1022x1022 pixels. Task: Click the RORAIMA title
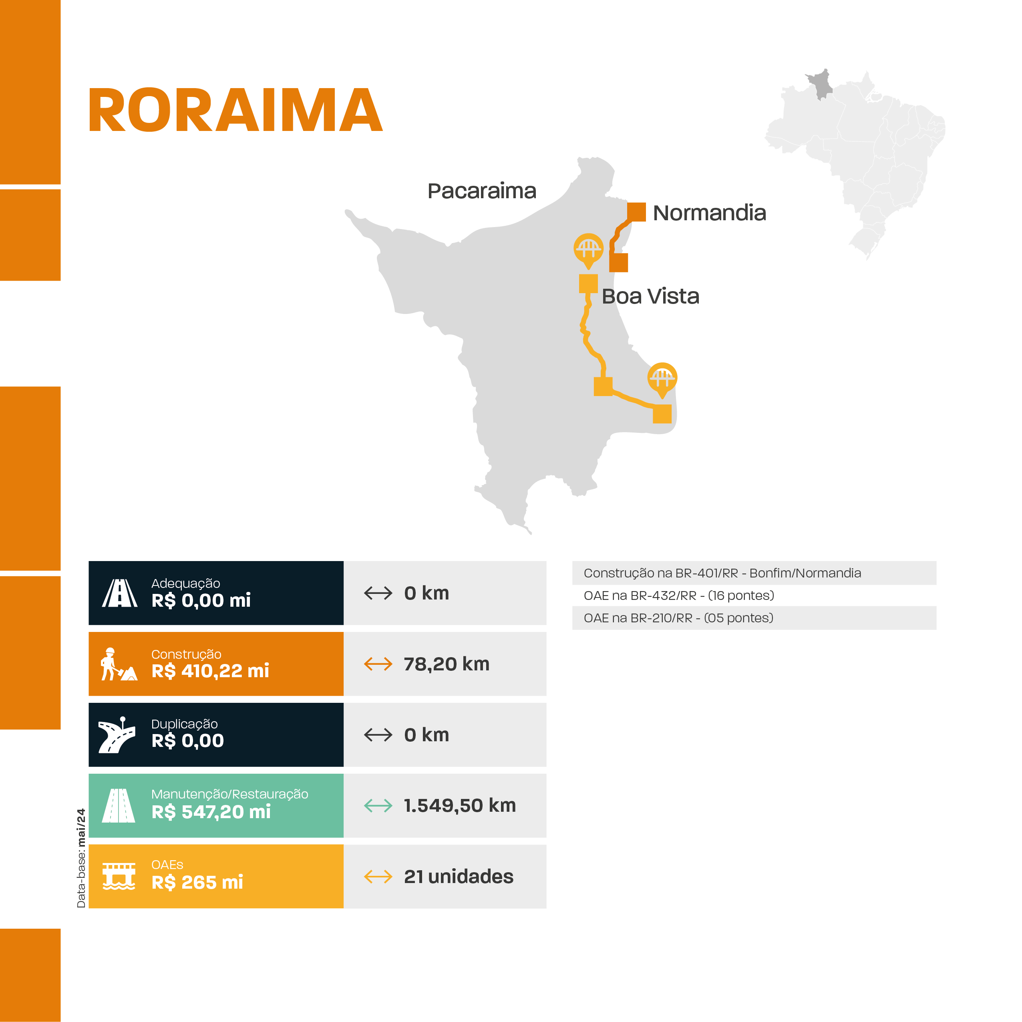235,110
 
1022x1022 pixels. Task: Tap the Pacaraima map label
481,191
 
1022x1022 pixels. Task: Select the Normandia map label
709,213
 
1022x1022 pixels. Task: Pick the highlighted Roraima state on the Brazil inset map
821,84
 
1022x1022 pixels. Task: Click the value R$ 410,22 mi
210,671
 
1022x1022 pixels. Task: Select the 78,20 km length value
447,664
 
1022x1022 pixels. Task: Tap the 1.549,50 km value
460,806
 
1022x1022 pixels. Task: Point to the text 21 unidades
459,877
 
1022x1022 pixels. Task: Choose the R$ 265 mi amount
197,882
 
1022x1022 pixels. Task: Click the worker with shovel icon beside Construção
119,664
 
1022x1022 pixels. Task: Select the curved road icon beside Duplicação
117,735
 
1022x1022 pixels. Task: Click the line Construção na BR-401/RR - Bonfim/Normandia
722,573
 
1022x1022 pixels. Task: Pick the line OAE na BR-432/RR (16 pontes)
679,595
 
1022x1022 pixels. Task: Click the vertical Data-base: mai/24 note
81,858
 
